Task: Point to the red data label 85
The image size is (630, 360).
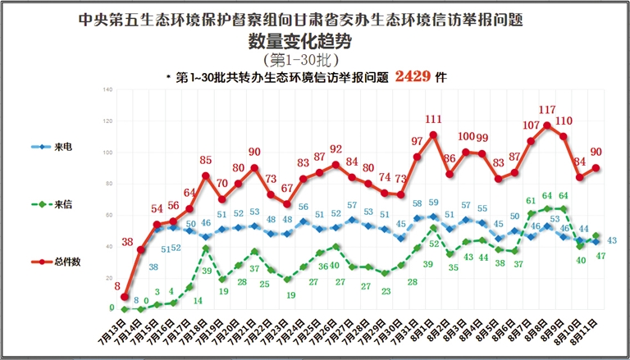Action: tap(206, 161)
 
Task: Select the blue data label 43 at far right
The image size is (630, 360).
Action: tap(612, 240)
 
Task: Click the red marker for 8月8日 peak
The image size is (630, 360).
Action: tap(547, 125)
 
